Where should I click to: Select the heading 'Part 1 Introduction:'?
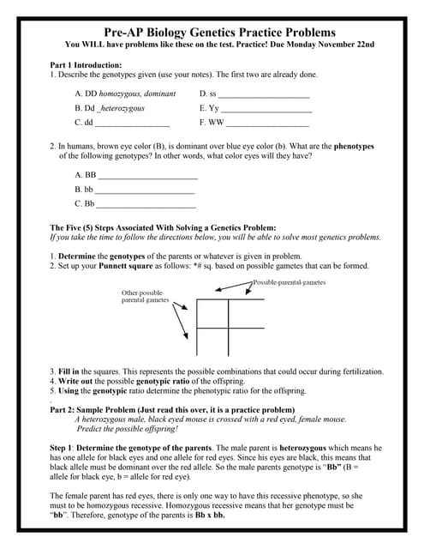click(86, 65)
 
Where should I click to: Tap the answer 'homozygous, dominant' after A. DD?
click(141, 94)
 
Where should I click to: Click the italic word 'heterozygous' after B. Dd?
click(123, 109)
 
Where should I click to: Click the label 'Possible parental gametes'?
click(289, 282)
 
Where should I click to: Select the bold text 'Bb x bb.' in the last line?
click(208, 516)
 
